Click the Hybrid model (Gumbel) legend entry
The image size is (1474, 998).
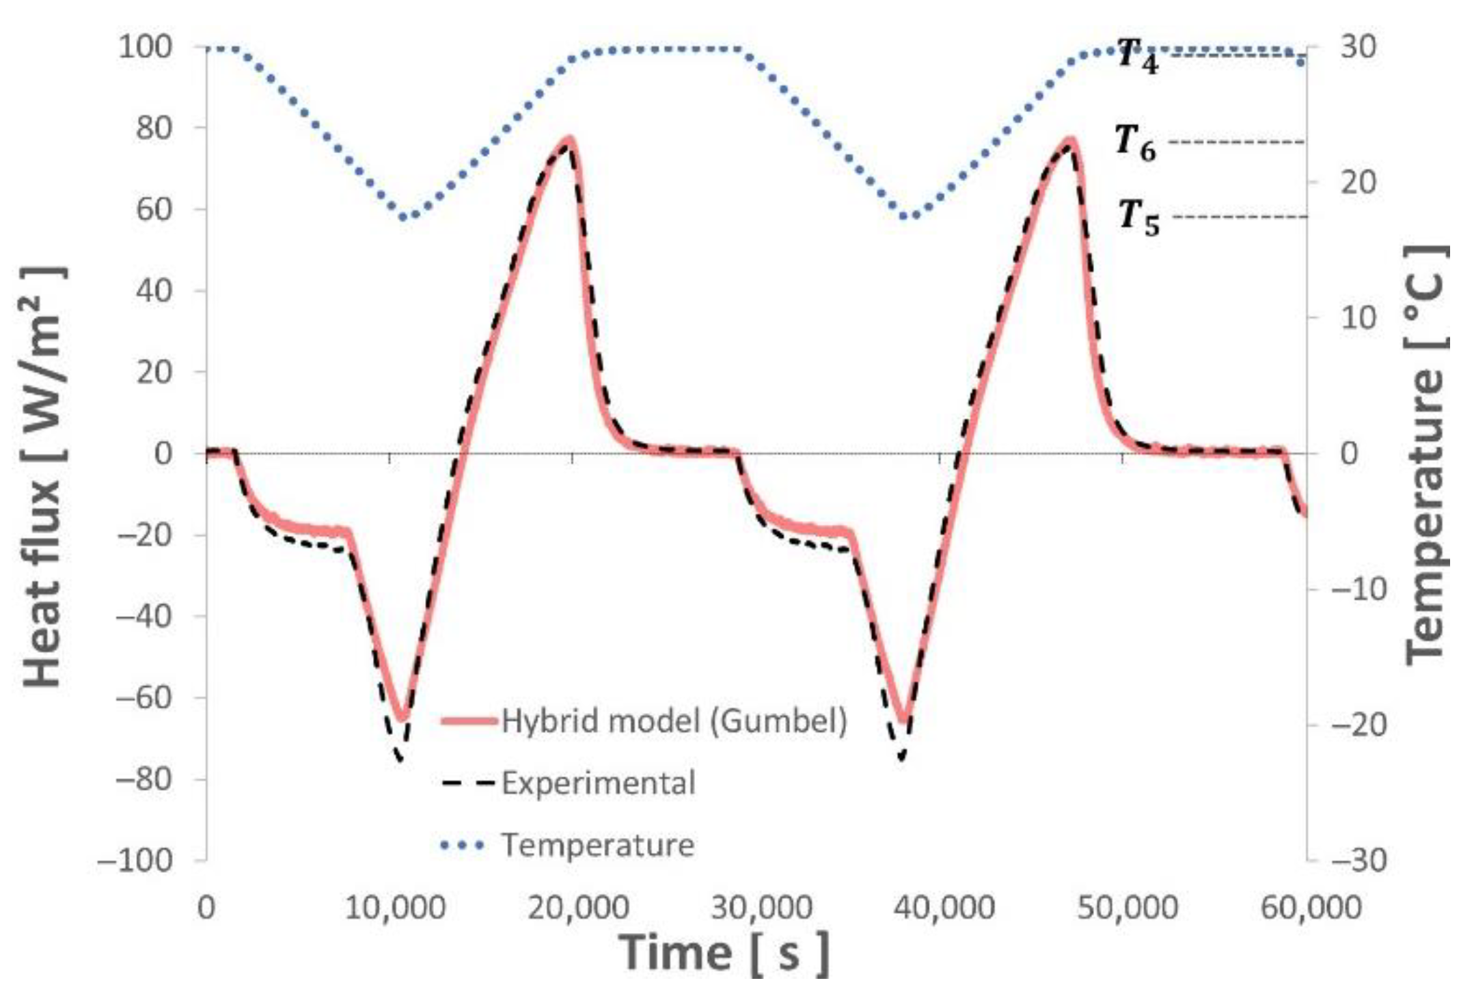(x=674, y=720)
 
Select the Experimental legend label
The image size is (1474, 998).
(x=599, y=783)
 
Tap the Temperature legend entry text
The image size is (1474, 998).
(x=598, y=845)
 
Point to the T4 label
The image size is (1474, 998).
(x=1138, y=55)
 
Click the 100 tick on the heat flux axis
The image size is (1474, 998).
(x=145, y=47)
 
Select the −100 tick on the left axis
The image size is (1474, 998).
(x=135, y=859)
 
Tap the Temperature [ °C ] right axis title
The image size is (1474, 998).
(x=1425, y=455)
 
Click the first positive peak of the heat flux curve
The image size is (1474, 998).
(x=569, y=140)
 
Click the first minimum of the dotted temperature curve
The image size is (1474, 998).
(x=403, y=217)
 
